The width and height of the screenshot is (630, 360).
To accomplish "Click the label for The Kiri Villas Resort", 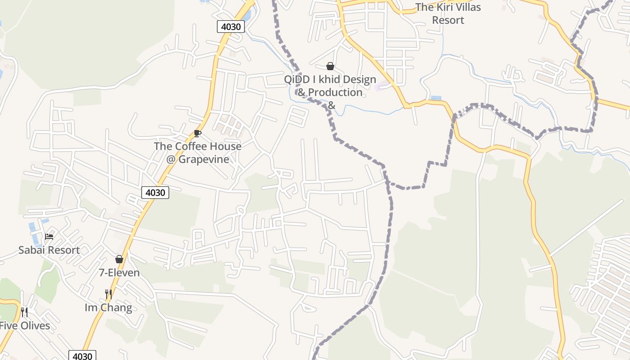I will [x=448, y=13].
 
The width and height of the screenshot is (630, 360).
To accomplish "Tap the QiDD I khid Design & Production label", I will [x=330, y=86].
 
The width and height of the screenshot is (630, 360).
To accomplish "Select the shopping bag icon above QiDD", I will [x=330, y=66].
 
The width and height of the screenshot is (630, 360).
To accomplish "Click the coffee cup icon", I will [x=197, y=133].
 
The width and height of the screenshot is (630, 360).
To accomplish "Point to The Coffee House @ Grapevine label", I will [x=198, y=153].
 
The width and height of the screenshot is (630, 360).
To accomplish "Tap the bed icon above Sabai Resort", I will [x=49, y=236].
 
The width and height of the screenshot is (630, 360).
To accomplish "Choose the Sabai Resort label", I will [x=49, y=250].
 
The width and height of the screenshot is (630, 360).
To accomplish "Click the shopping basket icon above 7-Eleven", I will [x=119, y=259].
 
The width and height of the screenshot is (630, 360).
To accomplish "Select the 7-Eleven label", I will [x=119, y=273].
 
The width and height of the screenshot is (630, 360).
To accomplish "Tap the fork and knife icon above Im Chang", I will [x=108, y=294].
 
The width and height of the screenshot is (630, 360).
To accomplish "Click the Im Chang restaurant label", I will [x=108, y=308].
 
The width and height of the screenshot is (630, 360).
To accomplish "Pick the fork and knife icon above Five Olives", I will [x=24, y=312].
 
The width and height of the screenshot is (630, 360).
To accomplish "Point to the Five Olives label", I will [x=25, y=325].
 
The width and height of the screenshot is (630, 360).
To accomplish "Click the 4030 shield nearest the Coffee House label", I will [x=155, y=193].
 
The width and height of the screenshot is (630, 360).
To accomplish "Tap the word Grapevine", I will [x=204, y=159].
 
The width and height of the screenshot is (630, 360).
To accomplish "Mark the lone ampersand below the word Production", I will [x=331, y=105].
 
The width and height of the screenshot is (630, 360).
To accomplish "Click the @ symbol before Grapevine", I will [x=171, y=159].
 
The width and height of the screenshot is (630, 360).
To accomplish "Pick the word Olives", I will [x=35, y=325].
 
